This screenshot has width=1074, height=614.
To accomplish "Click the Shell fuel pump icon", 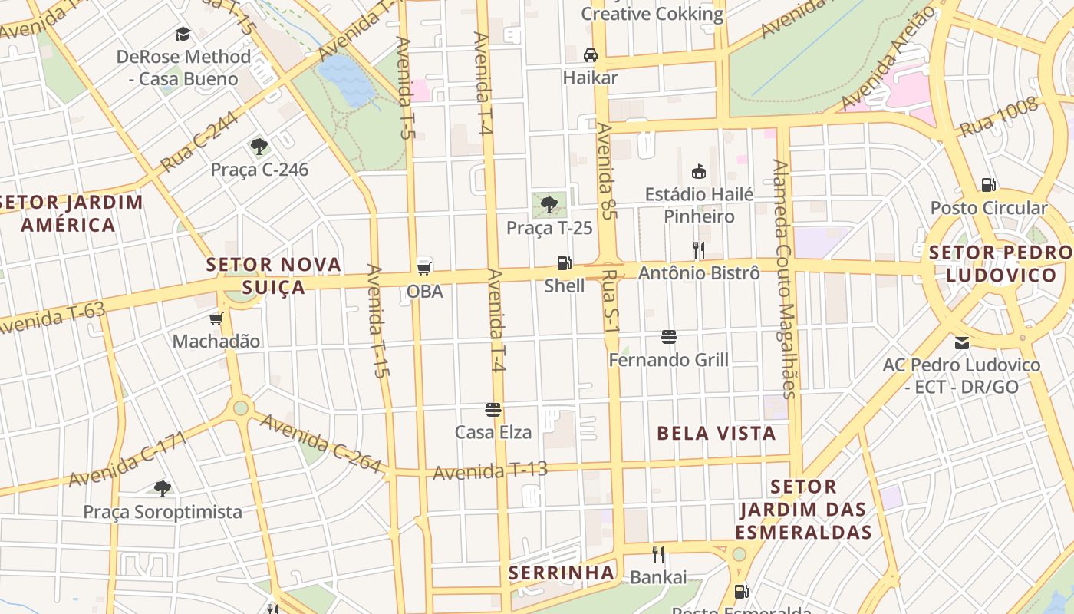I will point(564,263).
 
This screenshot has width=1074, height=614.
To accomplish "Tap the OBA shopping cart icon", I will point(423,268).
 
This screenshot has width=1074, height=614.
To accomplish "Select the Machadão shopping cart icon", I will point(216,318).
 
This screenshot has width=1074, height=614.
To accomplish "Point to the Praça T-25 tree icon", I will point(549,204).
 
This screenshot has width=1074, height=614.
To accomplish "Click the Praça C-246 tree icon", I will point(259,146).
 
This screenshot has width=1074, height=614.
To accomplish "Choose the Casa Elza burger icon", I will point(493,409).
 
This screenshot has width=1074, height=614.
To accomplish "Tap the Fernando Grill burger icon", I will point(669,337).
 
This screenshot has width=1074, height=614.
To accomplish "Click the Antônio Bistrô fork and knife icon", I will point(698,249).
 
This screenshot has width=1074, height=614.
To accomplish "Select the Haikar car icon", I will point(590,54).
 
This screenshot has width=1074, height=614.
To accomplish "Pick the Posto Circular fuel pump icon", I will point(988,184).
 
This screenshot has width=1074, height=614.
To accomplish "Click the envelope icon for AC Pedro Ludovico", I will point(962,342).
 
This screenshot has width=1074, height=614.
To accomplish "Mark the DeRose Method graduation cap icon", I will point(183,34).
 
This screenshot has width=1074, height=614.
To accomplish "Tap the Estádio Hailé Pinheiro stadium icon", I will point(698,171).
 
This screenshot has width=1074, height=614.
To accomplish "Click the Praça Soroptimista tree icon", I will point(162,488).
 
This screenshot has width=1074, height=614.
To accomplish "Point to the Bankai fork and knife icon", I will point(657,554).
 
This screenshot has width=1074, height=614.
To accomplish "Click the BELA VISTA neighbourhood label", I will point(717,434).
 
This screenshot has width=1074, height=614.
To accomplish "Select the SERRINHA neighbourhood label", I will point(562,573).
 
